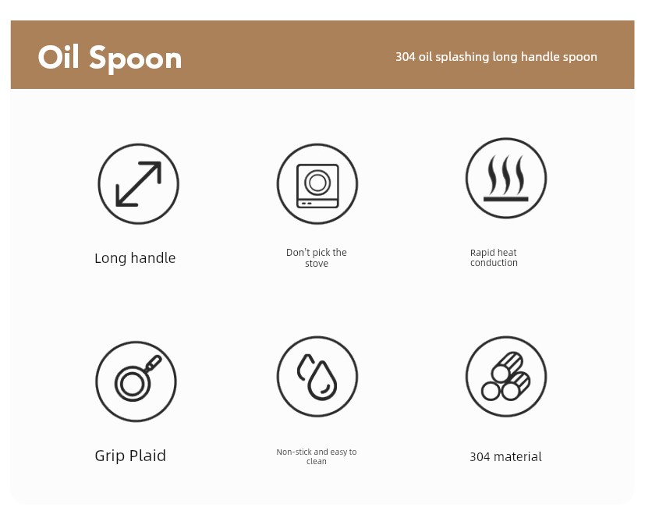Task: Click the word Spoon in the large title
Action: tap(136, 59)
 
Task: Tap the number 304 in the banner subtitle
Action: tap(406, 56)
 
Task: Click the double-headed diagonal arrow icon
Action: tap(138, 183)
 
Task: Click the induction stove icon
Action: tap(317, 186)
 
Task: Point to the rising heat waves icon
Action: tap(506, 178)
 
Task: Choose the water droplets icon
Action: tap(317, 377)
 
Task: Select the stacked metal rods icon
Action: tap(505, 376)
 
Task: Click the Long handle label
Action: tap(135, 258)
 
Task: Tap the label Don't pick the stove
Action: tap(317, 257)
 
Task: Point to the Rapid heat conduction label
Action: tap(494, 257)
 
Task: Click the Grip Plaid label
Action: tap(130, 456)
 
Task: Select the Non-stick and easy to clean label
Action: tap(317, 456)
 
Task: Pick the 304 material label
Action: tap(505, 456)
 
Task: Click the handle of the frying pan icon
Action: tap(154, 363)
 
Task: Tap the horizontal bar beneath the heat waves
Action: tap(506, 199)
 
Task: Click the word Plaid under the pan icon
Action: tap(147, 456)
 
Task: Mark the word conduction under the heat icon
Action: tap(494, 262)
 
